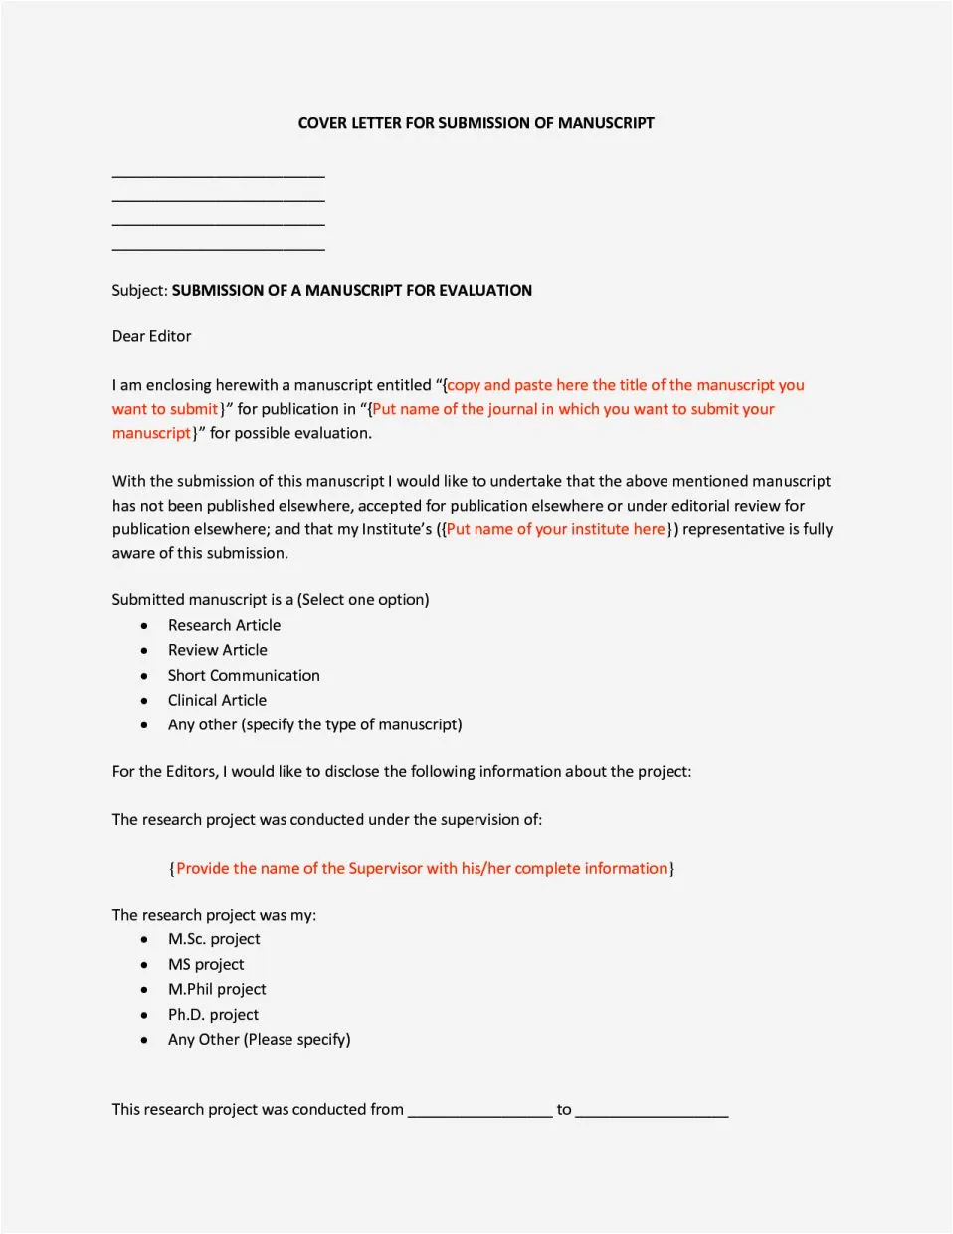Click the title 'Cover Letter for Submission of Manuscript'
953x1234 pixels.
pyautogui.click(x=476, y=123)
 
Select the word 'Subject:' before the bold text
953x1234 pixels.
pyautogui.click(x=139, y=291)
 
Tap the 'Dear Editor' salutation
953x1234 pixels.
pyautogui.click(x=151, y=336)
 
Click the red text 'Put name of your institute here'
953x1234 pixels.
pyautogui.click(x=555, y=529)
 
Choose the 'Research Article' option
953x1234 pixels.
pyautogui.click(x=224, y=625)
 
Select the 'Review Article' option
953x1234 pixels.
pyautogui.click(x=217, y=650)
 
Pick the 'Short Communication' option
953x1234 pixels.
pyautogui.click(x=244, y=675)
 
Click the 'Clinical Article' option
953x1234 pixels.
pyautogui.click(x=217, y=700)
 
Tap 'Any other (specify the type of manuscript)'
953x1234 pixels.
pyautogui.click(x=314, y=724)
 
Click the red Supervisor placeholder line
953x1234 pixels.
pyautogui.click(x=422, y=868)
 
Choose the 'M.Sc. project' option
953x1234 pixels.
pyautogui.click(x=214, y=939)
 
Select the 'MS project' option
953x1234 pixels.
pyautogui.click(x=206, y=964)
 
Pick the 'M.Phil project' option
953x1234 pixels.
pyautogui.click(x=217, y=989)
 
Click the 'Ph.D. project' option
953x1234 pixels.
pyautogui.click(x=213, y=1014)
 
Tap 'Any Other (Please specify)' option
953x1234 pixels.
pyautogui.click(x=259, y=1039)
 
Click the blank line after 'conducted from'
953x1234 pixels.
pyautogui.click(x=479, y=1113)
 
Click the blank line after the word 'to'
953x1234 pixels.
pyautogui.click(x=652, y=1113)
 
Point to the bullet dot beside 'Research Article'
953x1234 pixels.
pyautogui.click(x=145, y=626)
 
